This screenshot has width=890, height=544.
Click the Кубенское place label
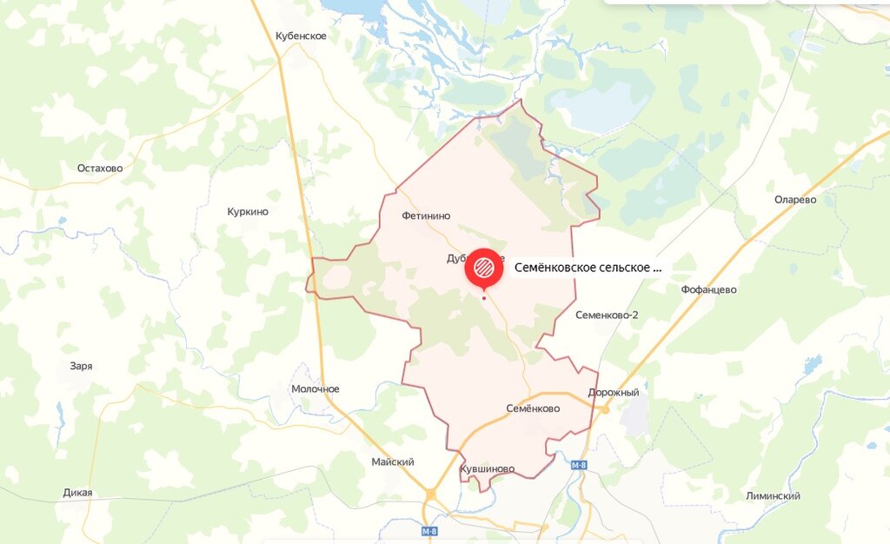click(x=301, y=36)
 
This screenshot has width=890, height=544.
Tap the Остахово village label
click(x=100, y=168)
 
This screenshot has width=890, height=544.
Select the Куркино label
click(x=248, y=211)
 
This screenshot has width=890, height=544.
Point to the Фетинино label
click(x=427, y=215)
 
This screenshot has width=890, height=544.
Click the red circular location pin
click(x=484, y=267)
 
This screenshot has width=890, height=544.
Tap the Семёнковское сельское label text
click(x=588, y=268)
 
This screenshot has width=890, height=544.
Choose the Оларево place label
click(x=795, y=199)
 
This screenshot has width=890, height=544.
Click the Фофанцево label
click(x=709, y=289)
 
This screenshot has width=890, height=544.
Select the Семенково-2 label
click(x=607, y=315)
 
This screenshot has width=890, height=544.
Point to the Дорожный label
click(x=614, y=392)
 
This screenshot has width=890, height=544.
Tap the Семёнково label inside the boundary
click(x=533, y=408)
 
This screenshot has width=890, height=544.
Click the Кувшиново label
click(x=487, y=468)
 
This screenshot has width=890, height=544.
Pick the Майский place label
click(x=393, y=461)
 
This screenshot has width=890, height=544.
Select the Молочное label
click(x=315, y=388)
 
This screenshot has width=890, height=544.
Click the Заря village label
click(x=81, y=366)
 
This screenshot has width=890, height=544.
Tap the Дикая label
click(x=77, y=493)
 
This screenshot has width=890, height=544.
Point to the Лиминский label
click(x=773, y=495)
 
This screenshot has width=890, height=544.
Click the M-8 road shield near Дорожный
click(x=579, y=466)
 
